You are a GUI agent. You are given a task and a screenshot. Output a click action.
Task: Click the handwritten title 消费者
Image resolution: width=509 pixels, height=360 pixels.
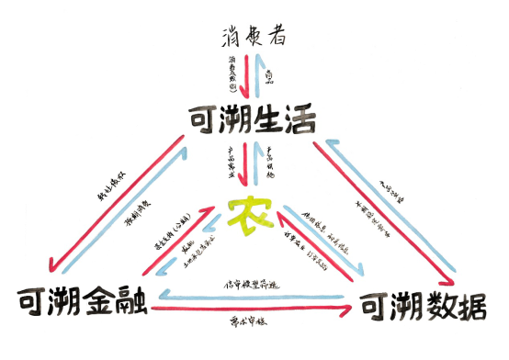point(254,37)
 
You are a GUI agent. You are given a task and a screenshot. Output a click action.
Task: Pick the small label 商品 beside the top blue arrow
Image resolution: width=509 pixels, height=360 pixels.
point(268,73)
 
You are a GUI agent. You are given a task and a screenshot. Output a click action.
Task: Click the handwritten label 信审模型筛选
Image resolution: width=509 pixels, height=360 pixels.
point(248,286)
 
